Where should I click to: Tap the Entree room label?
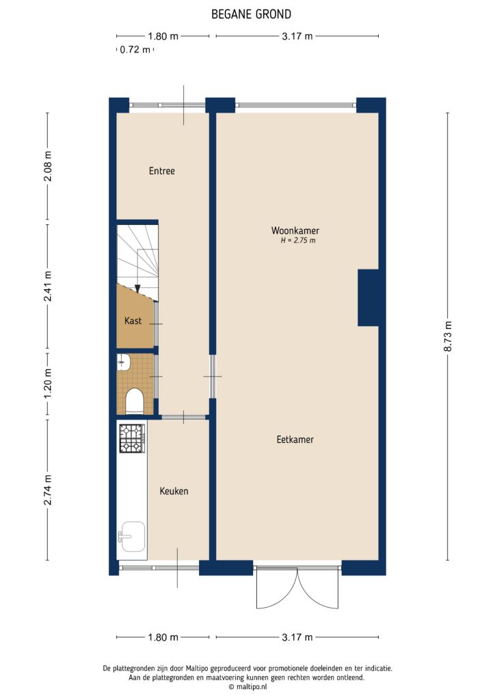point(162,171)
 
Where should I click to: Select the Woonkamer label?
point(295,230)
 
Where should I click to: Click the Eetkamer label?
point(295,440)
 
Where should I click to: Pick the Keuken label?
point(174,491)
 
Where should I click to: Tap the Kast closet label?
point(133,321)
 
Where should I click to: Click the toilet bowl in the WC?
point(134,401)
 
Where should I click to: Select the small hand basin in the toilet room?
point(123,362)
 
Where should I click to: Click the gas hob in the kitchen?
point(132,438)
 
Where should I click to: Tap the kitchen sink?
point(131,535)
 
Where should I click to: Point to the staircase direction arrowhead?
point(137,288)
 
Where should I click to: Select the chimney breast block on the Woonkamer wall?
point(368,297)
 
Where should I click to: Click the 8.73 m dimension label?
point(449,336)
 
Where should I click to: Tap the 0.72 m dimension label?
point(135,49)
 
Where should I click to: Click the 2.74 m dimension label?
point(47,489)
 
